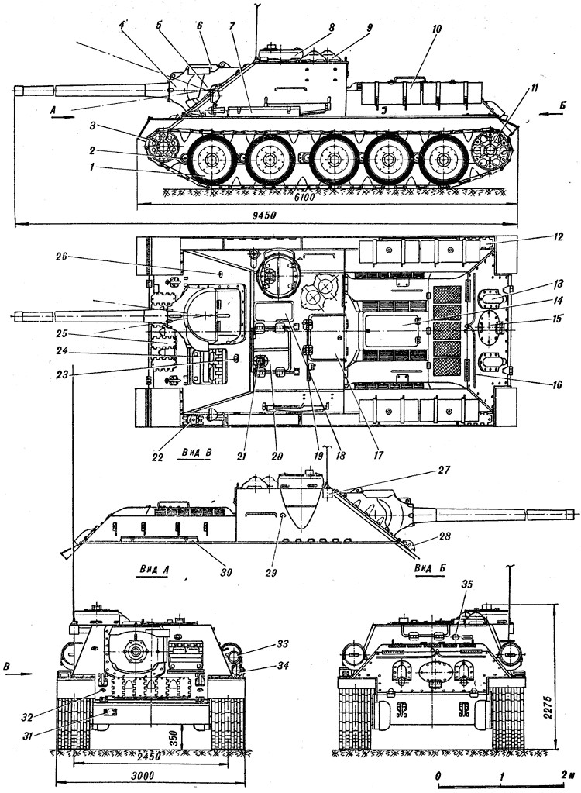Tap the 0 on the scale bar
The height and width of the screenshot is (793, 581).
click(438, 775)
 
